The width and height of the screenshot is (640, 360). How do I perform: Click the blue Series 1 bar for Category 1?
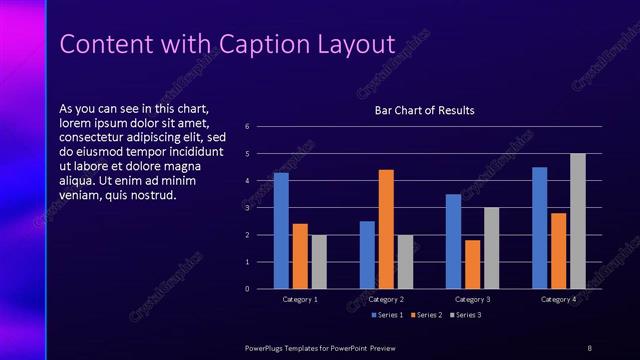pyautogui.click(x=281, y=231)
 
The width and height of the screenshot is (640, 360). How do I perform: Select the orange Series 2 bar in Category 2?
pyautogui.click(x=386, y=229)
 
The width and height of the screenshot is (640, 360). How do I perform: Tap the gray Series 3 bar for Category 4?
pyautogui.click(x=578, y=221)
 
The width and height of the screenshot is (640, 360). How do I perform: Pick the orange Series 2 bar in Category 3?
pyautogui.click(x=472, y=264)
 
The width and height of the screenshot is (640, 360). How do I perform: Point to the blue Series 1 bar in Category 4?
pyautogui.click(x=540, y=228)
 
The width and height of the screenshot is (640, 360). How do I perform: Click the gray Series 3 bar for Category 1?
pyautogui.click(x=319, y=262)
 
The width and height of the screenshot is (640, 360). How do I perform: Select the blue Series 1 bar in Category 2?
pyautogui.click(x=367, y=255)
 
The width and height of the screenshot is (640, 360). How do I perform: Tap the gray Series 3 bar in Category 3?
pyautogui.click(x=491, y=248)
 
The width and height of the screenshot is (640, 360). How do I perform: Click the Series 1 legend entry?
pyautogui.click(x=388, y=316)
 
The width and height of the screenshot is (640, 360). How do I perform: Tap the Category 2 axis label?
pyautogui.click(x=386, y=299)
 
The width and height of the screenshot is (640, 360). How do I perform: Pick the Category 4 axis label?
pyautogui.click(x=558, y=299)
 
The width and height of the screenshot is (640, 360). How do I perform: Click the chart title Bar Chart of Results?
pyautogui.click(x=424, y=110)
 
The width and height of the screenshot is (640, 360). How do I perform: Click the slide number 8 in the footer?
pyautogui.click(x=589, y=347)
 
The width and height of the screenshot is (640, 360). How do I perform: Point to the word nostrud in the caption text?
pyautogui.click(x=155, y=195)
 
